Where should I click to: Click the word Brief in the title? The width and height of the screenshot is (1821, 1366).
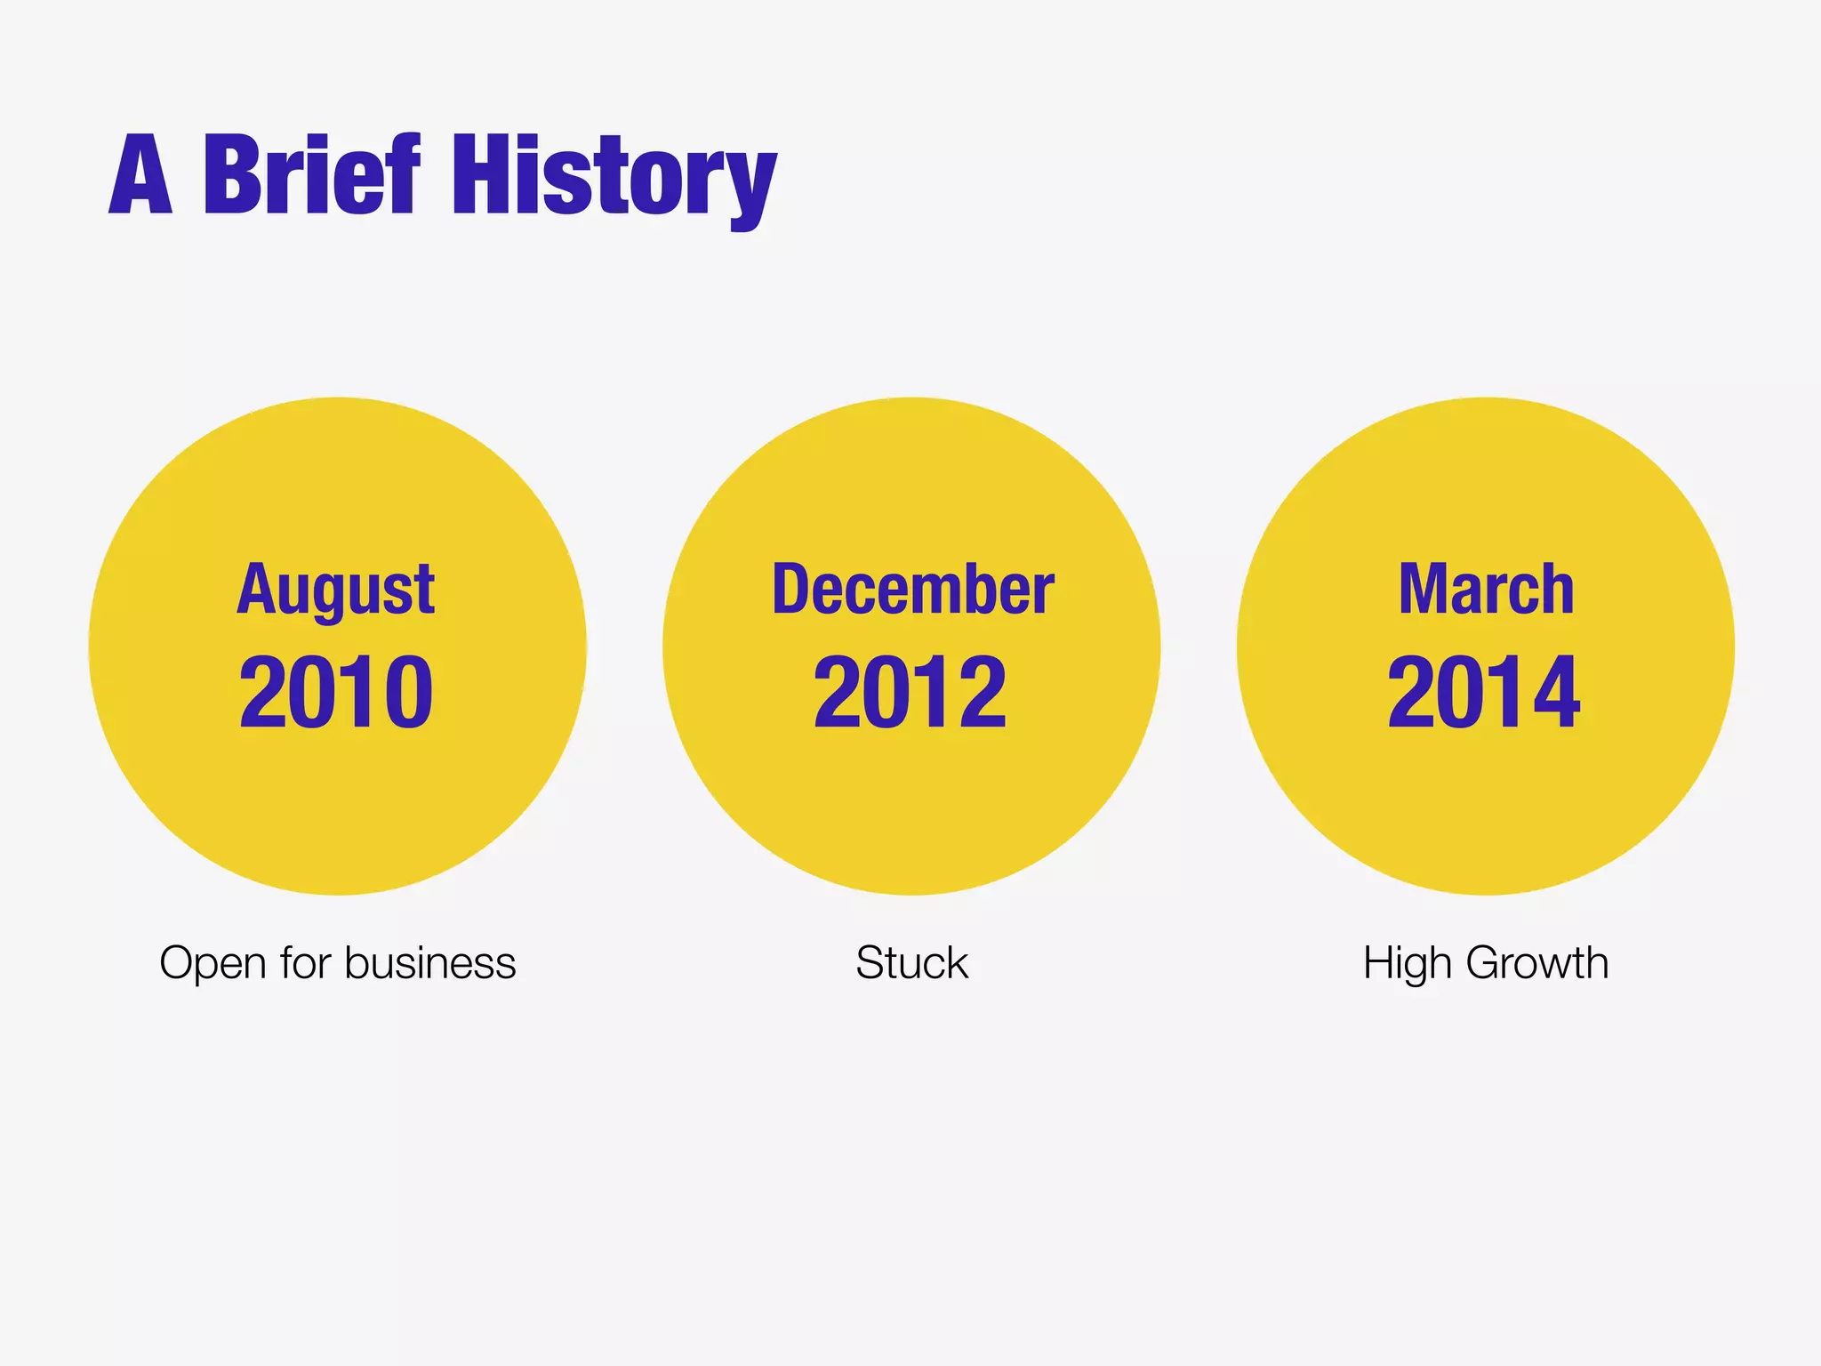click(x=311, y=174)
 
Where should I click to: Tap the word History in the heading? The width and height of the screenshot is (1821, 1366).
click(x=614, y=178)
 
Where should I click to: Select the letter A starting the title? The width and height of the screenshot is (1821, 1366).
click(x=140, y=176)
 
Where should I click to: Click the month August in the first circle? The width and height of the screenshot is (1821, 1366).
click(x=336, y=591)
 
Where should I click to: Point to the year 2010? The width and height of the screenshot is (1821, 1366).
click(x=336, y=692)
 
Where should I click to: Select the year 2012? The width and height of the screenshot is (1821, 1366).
click(x=910, y=692)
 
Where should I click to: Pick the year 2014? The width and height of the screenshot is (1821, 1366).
click(x=1484, y=692)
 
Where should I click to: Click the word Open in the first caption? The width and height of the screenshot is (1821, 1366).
click(x=213, y=964)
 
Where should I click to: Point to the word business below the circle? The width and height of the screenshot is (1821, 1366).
click(x=430, y=962)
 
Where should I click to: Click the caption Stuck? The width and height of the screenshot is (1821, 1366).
click(x=911, y=962)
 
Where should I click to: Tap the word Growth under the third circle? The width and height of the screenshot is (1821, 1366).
click(x=1537, y=962)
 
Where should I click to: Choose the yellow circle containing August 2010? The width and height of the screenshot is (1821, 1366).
click(x=338, y=800)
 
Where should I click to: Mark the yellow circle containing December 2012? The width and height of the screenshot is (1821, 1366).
click(x=911, y=800)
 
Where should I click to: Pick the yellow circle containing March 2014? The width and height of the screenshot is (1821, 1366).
click(x=1486, y=800)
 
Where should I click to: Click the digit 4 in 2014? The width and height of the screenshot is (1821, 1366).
click(x=1552, y=692)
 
